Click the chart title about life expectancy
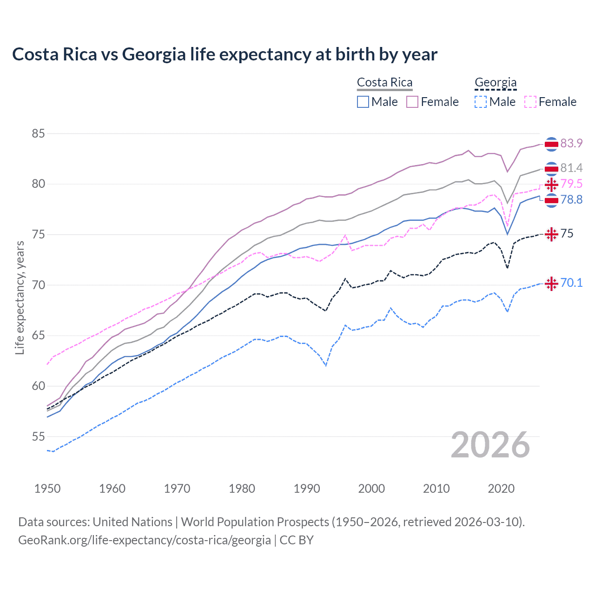coord(225,54)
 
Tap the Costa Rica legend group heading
coord(384,83)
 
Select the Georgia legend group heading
coord(496,83)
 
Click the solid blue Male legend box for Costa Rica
coord(363,102)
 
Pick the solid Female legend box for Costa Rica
coord(412,102)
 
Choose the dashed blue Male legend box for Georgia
coord(481,102)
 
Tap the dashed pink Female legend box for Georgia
coord(530,102)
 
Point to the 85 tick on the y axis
coord(38,134)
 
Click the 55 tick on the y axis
coord(38,436)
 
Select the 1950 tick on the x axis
coord(47,489)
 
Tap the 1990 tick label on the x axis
coord(307,489)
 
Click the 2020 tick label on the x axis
coord(501,489)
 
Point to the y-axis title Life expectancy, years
coord(20,297)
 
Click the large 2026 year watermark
coord(490,445)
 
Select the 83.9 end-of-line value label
coord(571,144)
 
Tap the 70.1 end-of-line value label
coord(571,283)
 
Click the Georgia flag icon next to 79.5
coord(551,185)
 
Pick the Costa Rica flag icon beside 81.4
coord(551,168)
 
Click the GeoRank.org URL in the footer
coord(145,540)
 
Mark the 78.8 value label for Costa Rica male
coord(571,200)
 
